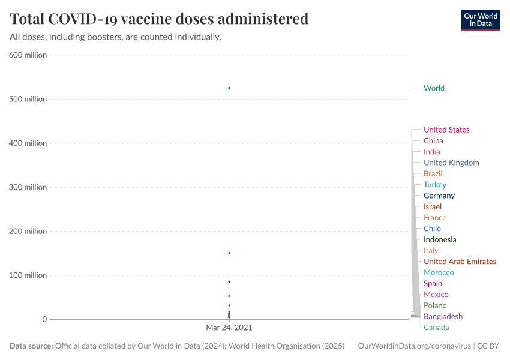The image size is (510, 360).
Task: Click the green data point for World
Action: (229, 88)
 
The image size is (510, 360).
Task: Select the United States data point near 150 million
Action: (229, 253)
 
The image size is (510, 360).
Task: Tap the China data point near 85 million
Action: (229, 281)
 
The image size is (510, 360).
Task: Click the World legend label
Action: (434, 88)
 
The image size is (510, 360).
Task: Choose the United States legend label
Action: (446, 130)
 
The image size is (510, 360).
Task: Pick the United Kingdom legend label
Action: (451, 163)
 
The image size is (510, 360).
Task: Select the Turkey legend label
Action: (435, 185)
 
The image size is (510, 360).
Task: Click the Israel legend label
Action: (433, 206)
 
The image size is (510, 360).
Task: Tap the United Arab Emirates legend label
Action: (460, 262)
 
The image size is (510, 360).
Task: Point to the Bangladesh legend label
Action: (443, 316)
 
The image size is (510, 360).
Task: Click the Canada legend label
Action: (436, 328)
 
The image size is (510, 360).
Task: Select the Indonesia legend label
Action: (440, 239)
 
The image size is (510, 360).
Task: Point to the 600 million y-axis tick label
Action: (28, 55)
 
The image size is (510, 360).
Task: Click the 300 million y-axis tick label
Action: (28, 187)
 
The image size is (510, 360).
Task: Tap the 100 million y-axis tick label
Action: (28, 275)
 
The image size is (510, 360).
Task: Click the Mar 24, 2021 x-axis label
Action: (229, 328)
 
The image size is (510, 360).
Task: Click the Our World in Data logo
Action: (481, 20)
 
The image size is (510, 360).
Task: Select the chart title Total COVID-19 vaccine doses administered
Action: (159, 19)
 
